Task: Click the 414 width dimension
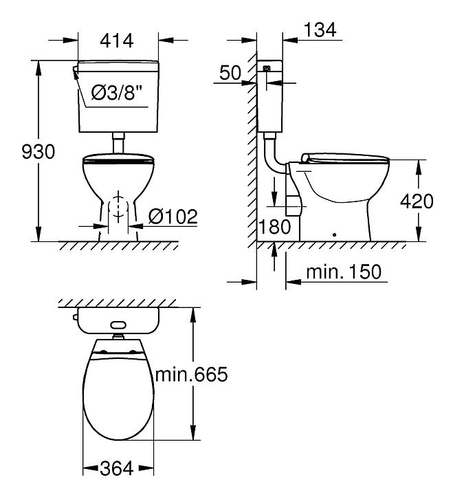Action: click(117, 41)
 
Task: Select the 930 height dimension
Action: click(38, 151)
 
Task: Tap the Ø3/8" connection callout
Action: click(117, 93)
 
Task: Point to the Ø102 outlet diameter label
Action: click(173, 217)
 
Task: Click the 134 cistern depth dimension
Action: click(320, 30)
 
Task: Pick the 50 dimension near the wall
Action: click(230, 72)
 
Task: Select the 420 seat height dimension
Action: click(417, 201)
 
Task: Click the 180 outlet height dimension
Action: click(274, 227)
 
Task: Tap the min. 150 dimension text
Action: click(344, 272)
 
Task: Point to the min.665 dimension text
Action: click(191, 375)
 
